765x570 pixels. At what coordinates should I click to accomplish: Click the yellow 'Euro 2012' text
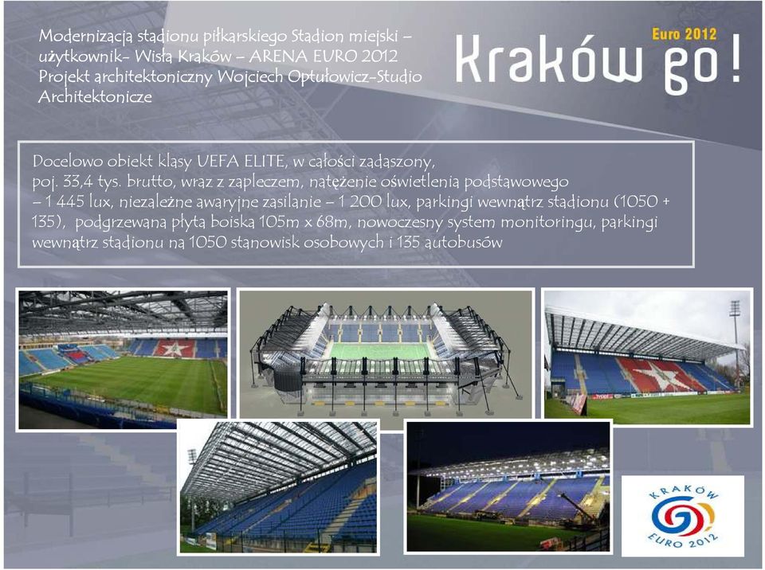(684, 34)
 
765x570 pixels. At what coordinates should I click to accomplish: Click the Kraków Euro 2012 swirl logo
(683, 516)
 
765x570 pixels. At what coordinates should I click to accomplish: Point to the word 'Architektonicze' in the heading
(95, 96)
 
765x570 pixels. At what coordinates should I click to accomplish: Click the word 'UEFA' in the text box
(214, 161)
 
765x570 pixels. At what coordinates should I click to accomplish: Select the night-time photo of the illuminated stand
(508, 487)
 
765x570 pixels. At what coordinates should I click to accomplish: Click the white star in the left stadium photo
(174, 349)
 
